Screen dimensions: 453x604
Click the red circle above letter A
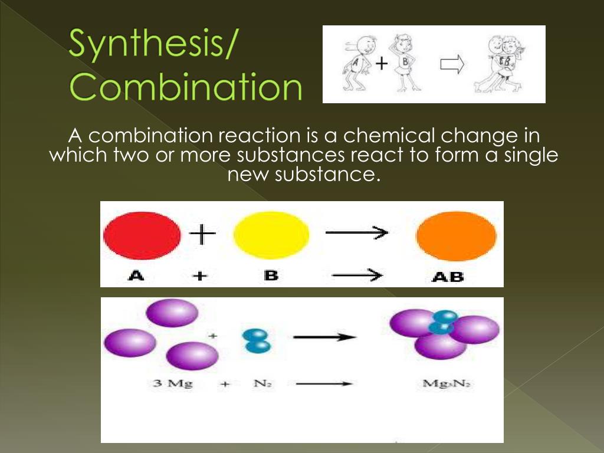coord(142,236)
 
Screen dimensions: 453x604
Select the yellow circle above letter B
coord(271,236)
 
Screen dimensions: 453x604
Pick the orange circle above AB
coord(456,236)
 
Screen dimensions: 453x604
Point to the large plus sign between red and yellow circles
coord(202,236)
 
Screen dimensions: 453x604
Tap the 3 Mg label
coord(172,384)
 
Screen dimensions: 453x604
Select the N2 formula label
coord(262,384)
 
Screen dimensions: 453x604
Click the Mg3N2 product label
coord(447,384)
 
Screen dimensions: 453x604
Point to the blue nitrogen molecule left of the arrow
coord(255,340)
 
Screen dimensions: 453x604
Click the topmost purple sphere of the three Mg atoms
coord(172,313)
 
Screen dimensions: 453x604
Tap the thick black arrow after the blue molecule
coord(325,337)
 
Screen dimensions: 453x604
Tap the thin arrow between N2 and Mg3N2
coord(324,384)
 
